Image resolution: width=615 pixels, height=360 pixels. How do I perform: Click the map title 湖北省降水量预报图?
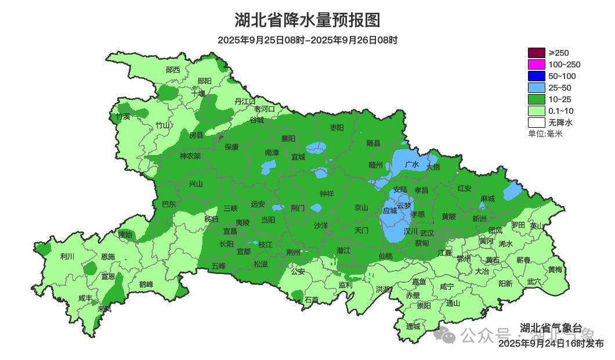click(x=307, y=20)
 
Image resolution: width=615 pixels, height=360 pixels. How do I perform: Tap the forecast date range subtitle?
click(x=307, y=40)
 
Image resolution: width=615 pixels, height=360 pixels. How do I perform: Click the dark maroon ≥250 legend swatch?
click(x=536, y=53)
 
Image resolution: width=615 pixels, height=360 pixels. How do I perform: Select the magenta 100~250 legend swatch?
click(x=536, y=64)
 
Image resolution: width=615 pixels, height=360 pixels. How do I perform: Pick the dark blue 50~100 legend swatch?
click(x=536, y=76)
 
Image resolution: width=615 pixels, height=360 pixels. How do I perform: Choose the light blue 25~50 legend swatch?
click(x=536, y=88)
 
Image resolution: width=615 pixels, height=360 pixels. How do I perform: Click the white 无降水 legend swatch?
click(x=536, y=123)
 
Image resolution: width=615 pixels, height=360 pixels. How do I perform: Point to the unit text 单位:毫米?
click(x=545, y=134)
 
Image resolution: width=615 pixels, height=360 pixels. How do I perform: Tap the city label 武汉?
click(x=427, y=232)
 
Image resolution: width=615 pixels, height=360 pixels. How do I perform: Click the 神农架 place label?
click(x=190, y=156)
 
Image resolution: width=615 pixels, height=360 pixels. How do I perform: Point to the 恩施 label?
click(x=108, y=256)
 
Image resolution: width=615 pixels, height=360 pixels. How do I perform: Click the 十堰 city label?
click(x=198, y=93)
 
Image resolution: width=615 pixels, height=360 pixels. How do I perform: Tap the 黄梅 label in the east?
click(x=555, y=270)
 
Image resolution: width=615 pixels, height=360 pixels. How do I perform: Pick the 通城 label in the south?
click(x=413, y=326)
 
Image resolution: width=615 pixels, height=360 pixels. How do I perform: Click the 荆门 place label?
click(x=298, y=207)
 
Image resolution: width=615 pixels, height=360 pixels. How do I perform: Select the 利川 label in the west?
click(x=67, y=256)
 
